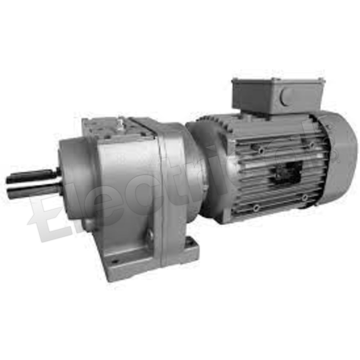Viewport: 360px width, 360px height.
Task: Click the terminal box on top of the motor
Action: tap(277, 95)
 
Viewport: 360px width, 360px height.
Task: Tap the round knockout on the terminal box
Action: tap(288, 96)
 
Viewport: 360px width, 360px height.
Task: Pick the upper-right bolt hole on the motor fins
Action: tap(312, 145)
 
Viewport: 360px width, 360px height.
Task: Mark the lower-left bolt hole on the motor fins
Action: tap(256, 208)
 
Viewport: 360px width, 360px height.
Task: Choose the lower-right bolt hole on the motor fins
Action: tap(305, 197)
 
